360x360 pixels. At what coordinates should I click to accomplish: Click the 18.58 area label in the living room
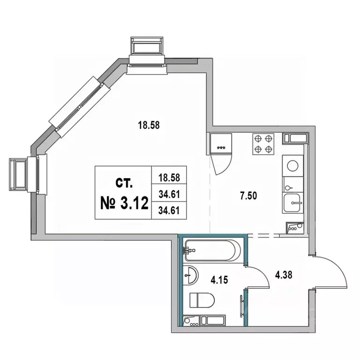coord(149,125)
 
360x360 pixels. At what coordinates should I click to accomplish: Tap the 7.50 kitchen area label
coord(248,196)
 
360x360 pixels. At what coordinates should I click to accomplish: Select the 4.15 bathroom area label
coord(219,280)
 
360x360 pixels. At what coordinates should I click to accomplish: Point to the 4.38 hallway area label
coord(284,275)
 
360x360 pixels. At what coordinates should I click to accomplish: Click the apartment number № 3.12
coord(124,203)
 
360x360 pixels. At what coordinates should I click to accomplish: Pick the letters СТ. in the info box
coord(124,183)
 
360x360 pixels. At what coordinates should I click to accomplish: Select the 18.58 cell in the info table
coord(169,178)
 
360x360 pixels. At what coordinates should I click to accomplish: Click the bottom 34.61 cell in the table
coord(169,210)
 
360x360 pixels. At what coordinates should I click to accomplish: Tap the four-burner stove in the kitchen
coord(263,144)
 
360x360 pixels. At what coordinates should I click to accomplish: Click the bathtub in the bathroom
coord(213,250)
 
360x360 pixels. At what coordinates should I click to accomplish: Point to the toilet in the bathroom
coord(202,300)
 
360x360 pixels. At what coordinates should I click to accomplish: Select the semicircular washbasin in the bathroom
coord(191,275)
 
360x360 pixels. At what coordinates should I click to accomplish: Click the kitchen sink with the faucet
coord(292,203)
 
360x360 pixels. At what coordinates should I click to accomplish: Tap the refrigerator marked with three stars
coord(221,143)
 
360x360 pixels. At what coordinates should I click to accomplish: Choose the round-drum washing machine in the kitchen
coord(292,166)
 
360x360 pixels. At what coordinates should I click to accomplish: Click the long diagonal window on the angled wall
coord(80,107)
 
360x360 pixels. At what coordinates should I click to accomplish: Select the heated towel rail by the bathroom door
coord(241,306)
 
